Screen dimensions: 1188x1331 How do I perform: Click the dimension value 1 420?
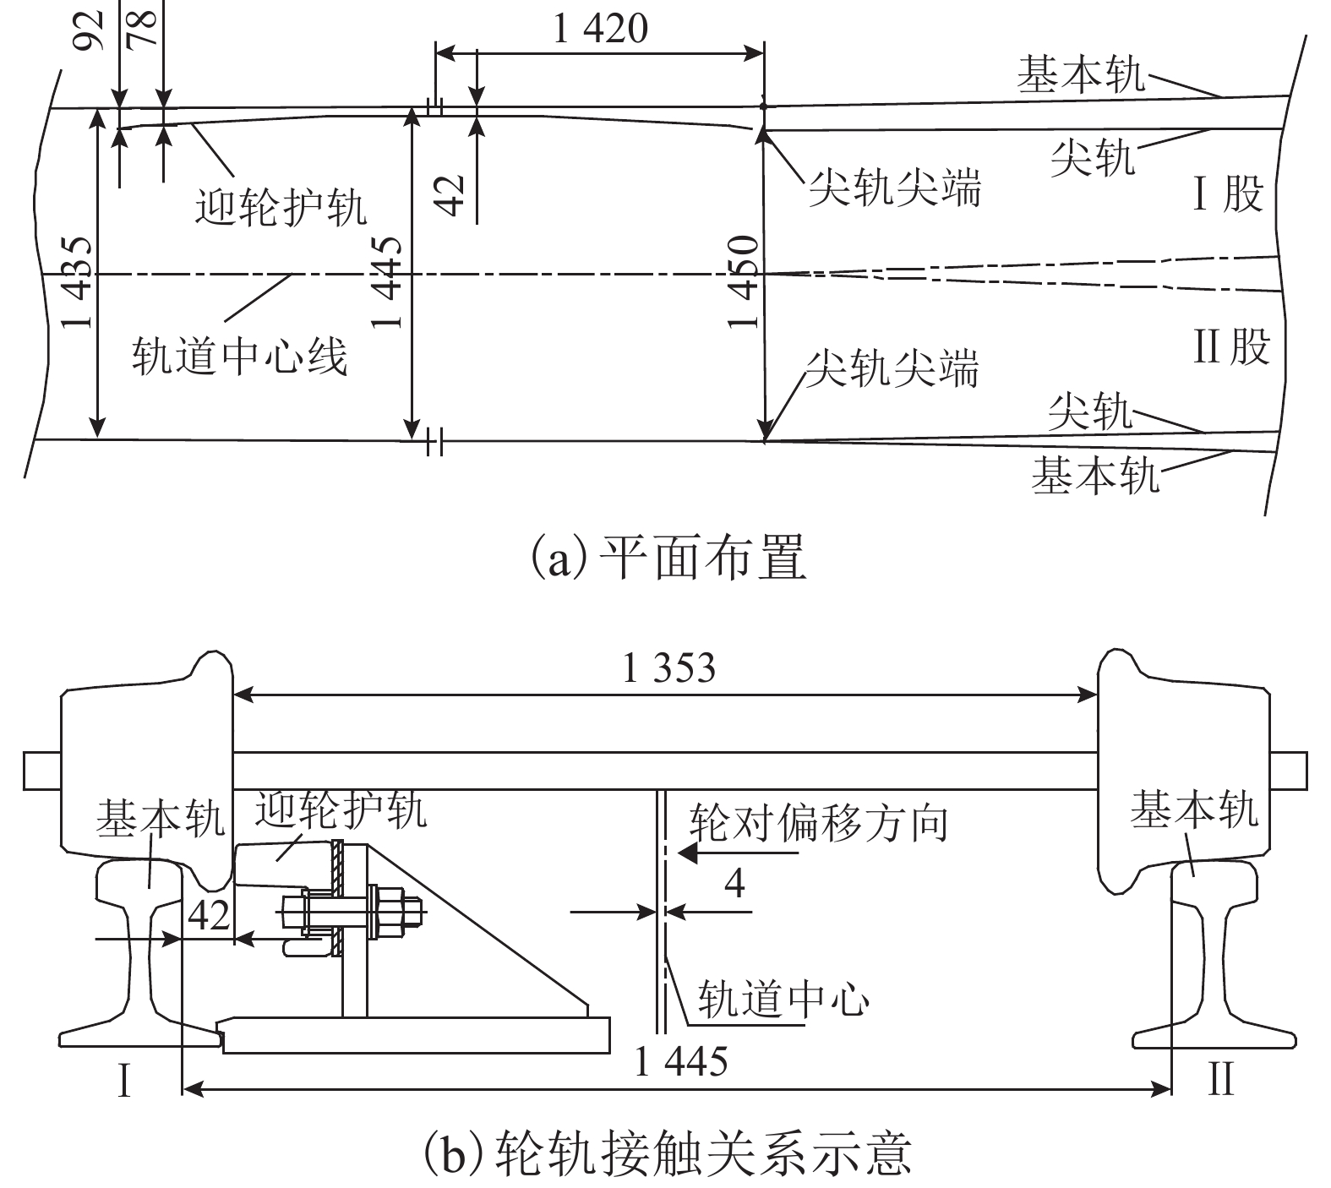(x=601, y=30)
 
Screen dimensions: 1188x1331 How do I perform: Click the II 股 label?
(x=1231, y=346)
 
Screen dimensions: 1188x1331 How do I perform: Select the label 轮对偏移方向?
(x=819, y=822)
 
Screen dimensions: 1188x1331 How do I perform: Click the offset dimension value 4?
(x=735, y=884)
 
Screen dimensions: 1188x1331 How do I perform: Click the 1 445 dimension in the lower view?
(x=680, y=1061)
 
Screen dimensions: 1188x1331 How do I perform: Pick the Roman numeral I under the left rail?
(x=124, y=1080)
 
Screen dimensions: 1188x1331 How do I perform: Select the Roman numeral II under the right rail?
(x=1221, y=1079)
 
